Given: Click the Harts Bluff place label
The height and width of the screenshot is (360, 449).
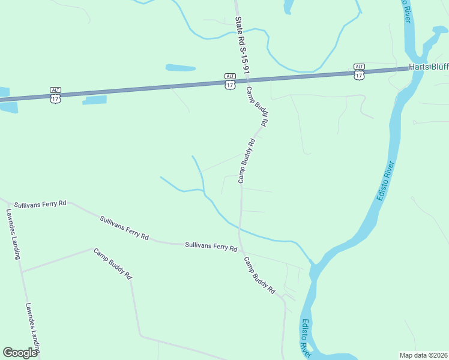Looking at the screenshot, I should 429,67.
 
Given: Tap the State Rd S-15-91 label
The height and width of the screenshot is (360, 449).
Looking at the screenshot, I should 242,45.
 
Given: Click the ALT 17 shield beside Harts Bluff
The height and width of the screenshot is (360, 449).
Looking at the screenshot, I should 359,71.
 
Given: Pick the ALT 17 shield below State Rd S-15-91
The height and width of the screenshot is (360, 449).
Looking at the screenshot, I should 230,81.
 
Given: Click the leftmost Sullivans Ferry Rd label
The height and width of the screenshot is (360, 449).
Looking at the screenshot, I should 40,204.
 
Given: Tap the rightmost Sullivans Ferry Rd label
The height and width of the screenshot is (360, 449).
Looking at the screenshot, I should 211,245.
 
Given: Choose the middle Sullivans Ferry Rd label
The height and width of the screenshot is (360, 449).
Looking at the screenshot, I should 124,228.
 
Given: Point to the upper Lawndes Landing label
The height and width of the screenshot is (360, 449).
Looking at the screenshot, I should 13,234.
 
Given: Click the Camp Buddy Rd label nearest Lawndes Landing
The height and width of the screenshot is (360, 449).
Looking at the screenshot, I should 112,264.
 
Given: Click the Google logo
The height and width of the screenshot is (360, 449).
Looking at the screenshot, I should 20,353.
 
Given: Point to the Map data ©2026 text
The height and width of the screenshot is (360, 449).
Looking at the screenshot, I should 423,355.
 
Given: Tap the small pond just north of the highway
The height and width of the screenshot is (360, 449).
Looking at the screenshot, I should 181,68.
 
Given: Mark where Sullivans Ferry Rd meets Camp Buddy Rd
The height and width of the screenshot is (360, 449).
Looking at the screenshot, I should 240,248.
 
